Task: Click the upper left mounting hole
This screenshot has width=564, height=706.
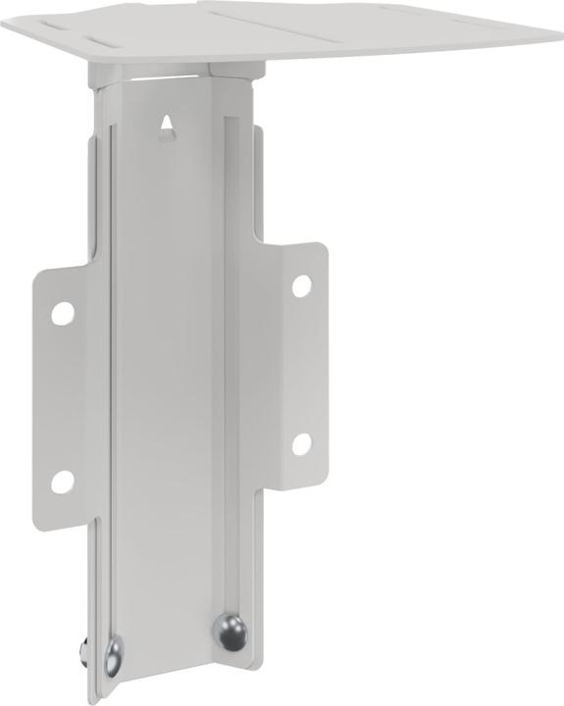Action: click(x=62, y=313)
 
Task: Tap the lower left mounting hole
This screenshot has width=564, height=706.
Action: click(x=62, y=481)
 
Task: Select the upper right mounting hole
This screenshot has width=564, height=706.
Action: click(x=302, y=285)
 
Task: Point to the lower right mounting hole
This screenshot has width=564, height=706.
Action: click(x=301, y=443)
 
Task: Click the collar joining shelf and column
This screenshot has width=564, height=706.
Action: click(x=177, y=74)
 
